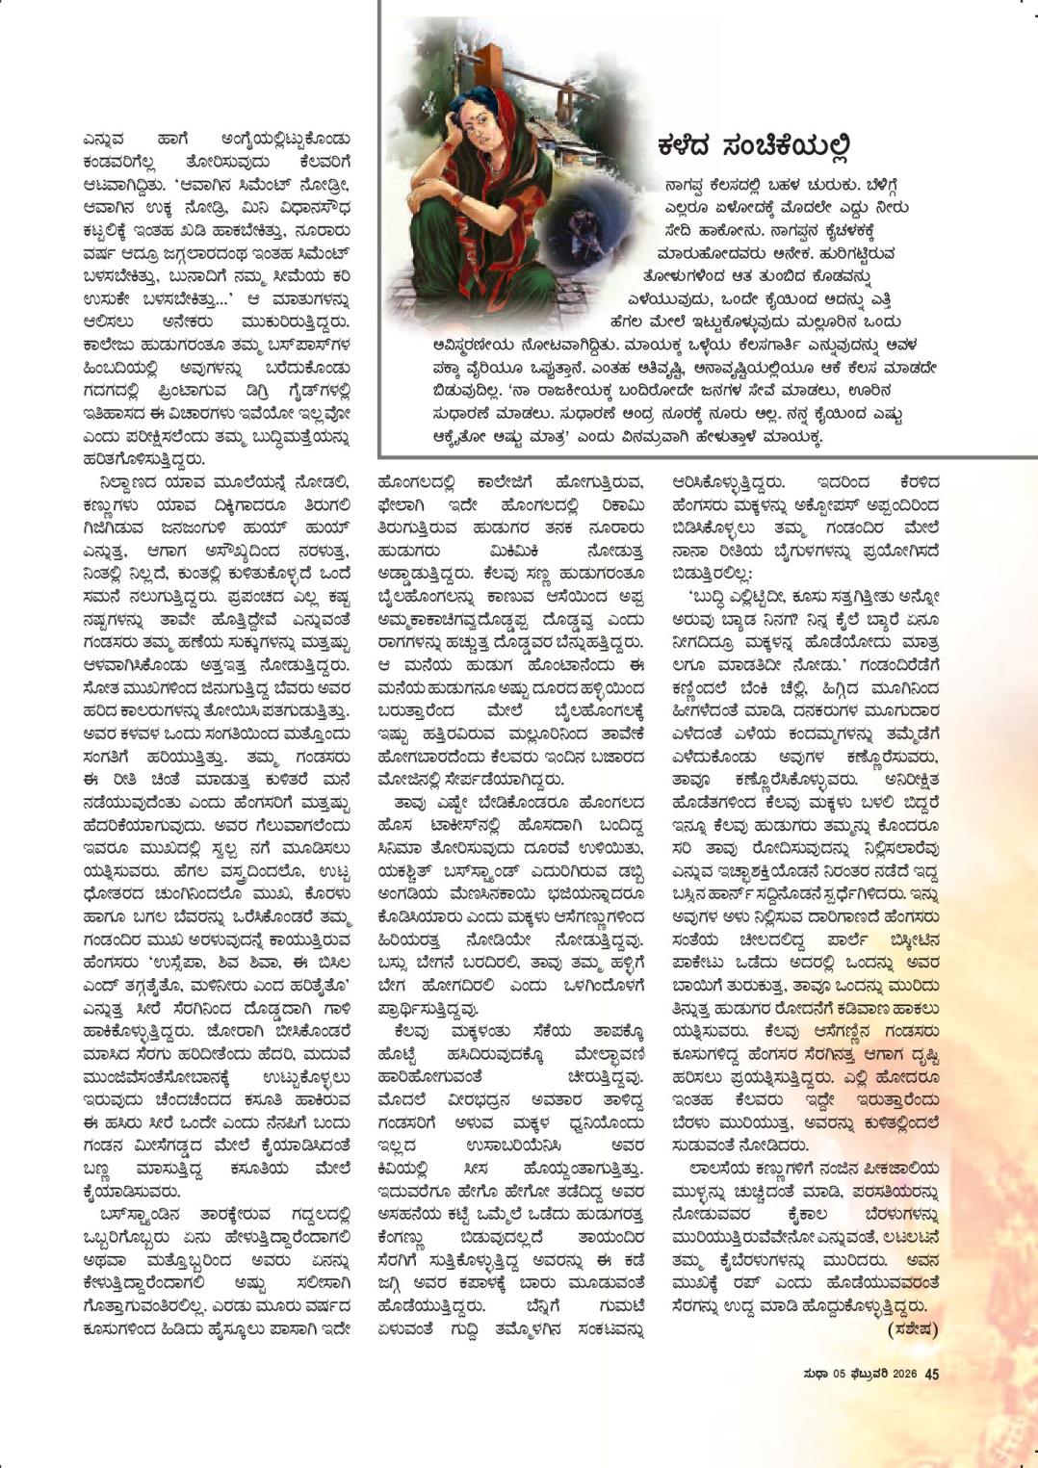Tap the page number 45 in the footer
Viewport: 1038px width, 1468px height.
(931, 1375)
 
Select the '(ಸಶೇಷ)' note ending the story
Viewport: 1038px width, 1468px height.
(911, 1328)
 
